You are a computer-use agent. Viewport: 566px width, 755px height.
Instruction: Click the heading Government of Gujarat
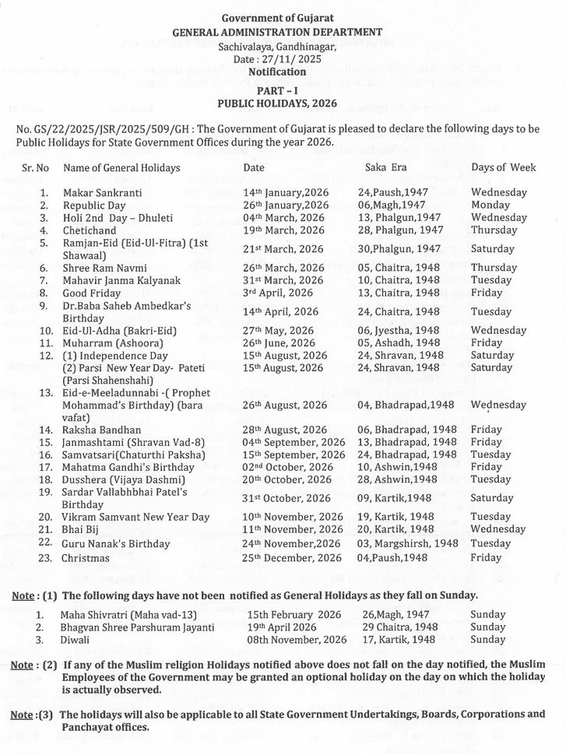coord(282,18)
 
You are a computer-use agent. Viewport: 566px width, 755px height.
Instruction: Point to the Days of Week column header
coord(503,167)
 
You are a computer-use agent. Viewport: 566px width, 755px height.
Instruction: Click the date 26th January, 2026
coord(287,205)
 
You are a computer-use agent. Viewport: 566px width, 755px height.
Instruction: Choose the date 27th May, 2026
coord(279,331)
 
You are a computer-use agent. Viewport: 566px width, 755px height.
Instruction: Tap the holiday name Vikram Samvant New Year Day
coord(136,517)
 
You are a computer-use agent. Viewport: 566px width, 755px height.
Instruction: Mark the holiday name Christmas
coord(86,558)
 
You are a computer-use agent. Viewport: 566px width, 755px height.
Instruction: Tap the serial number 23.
coord(44,558)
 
